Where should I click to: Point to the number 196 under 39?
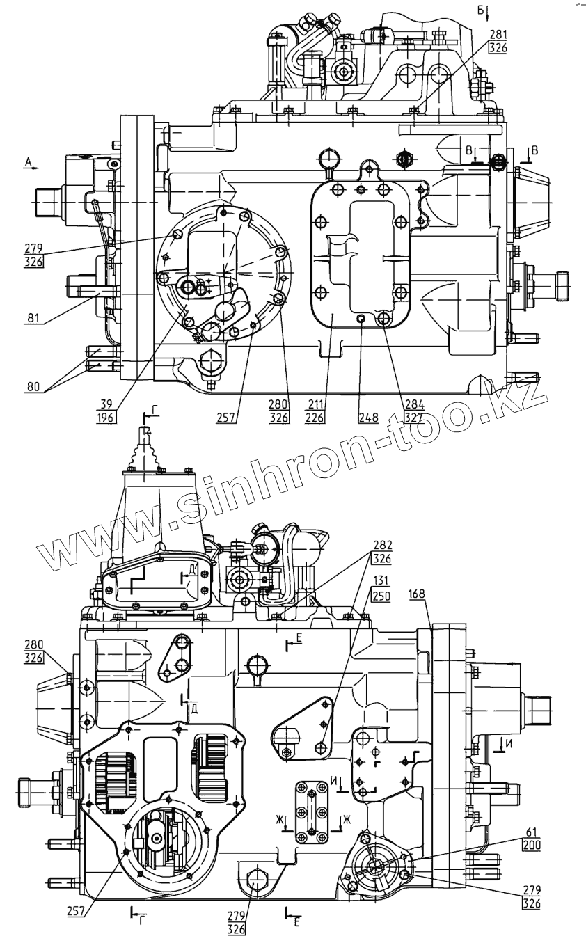pyautogui.click(x=106, y=418)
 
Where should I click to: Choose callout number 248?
pyautogui.click(x=368, y=418)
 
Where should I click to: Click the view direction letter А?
pyautogui.click(x=28, y=161)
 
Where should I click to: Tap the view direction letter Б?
pyautogui.click(x=480, y=9)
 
